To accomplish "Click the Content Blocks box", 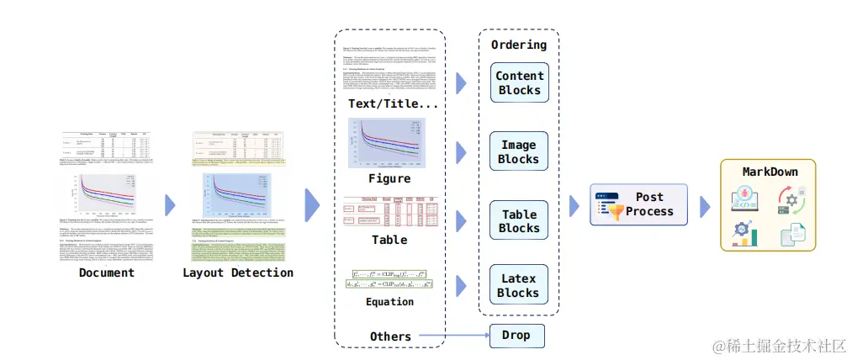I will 519,82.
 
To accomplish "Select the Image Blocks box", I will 519,151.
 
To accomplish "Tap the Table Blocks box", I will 519,221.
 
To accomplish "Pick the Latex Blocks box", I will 519,285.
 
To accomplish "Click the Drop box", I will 516,335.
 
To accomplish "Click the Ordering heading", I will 518,45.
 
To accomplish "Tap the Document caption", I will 106,273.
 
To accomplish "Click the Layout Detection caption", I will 238,273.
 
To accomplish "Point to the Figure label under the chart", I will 389,178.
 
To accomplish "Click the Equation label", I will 389,301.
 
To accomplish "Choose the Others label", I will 390,336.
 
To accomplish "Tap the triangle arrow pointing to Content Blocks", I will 460,82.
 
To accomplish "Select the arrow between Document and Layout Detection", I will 170,205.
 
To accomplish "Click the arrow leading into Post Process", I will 576,204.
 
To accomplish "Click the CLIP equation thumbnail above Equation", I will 390,278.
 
